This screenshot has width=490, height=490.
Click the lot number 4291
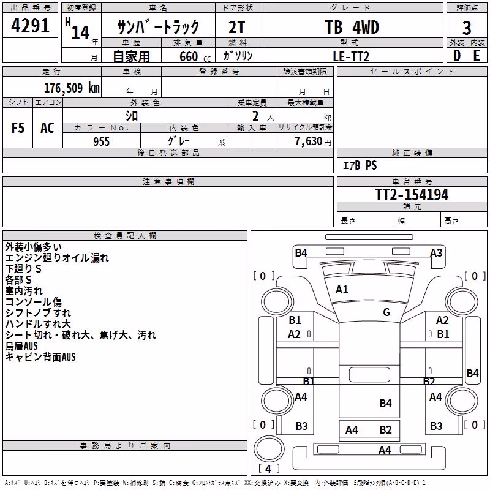(x=30, y=26)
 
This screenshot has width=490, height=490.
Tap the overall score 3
(x=467, y=28)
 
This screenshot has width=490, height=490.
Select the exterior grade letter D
(x=457, y=56)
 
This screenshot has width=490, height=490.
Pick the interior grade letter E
(x=477, y=56)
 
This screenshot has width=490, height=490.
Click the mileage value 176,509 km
(x=72, y=88)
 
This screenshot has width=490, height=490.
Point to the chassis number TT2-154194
(x=412, y=194)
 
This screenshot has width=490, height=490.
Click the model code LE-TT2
(x=351, y=56)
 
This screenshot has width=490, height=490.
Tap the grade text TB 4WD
(x=352, y=27)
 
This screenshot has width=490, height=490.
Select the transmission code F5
(x=18, y=128)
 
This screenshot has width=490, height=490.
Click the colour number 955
(x=102, y=141)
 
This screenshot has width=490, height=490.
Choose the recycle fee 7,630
(x=309, y=141)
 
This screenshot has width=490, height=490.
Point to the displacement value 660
(x=189, y=56)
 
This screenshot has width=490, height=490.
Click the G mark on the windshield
(x=386, y=312)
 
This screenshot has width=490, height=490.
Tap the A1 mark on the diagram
(x=342, y=290)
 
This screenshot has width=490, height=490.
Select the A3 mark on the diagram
(x=437, y=252)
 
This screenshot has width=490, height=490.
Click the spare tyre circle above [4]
(x=269, y=448)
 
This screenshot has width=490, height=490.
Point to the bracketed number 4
(x=268, y=469)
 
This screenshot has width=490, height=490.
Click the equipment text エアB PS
(x=360, y=165)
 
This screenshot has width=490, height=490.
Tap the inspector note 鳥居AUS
(x=21, y=346)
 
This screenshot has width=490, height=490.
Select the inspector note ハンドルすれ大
(x=38, y=324)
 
